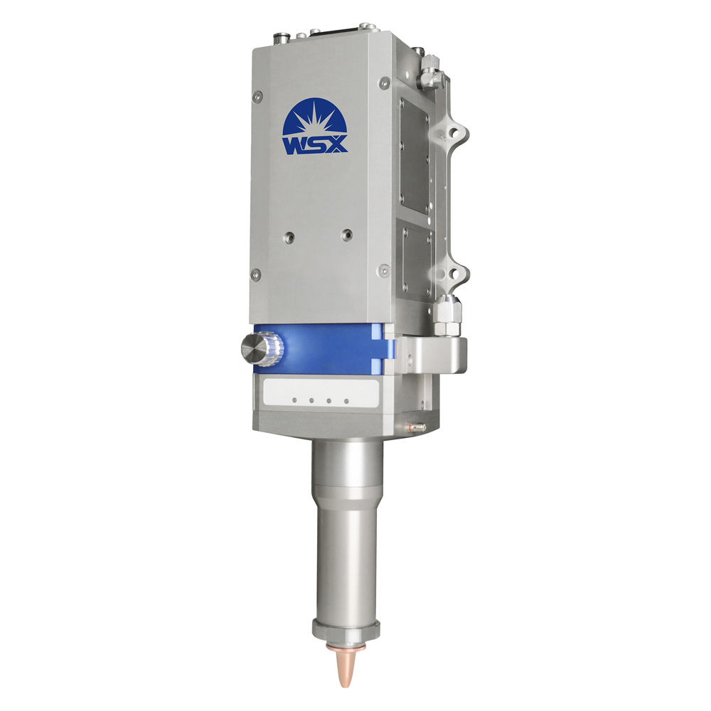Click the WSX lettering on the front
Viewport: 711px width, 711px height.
pyautogui.click(x=315, y=144)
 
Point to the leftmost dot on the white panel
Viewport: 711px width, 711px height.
pyautogui.click(x=295, y=400)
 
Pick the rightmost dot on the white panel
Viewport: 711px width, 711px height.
pyautogui.click(x=346, y=401)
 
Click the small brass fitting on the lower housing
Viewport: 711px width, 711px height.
pyautogui.click(x=416, y=426)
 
